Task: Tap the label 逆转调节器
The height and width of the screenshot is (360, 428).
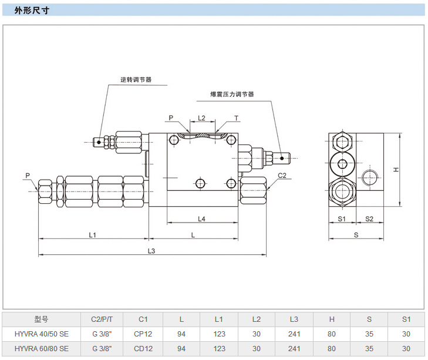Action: point(136,79)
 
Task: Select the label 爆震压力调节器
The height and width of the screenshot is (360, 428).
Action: point(232,94)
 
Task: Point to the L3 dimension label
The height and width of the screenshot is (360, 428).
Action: point(151,251)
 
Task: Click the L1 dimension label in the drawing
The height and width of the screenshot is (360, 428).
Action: point(92,234)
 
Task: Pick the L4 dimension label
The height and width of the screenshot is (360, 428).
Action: point(201,219)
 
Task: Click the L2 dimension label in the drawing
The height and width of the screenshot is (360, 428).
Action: point(201,117)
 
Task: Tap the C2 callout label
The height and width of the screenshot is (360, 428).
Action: point(282,175)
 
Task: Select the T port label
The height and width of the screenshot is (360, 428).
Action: point(237,118)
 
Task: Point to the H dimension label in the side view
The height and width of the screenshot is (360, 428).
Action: point(397,170)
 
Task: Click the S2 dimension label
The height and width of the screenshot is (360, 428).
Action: point(369,218)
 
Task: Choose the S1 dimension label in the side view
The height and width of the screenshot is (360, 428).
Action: point(342,218)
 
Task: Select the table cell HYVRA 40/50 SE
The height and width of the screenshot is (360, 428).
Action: point(42,334)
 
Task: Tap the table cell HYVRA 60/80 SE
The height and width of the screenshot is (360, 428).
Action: point(42,348)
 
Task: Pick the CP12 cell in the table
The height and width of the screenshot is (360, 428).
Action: point(143,334)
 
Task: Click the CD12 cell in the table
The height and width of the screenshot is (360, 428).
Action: point(143,348)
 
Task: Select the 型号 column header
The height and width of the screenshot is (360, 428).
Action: point(42,319)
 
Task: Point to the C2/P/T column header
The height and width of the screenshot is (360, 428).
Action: point(106,319)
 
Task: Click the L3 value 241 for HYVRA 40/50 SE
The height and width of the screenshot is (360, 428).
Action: point(294,334)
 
